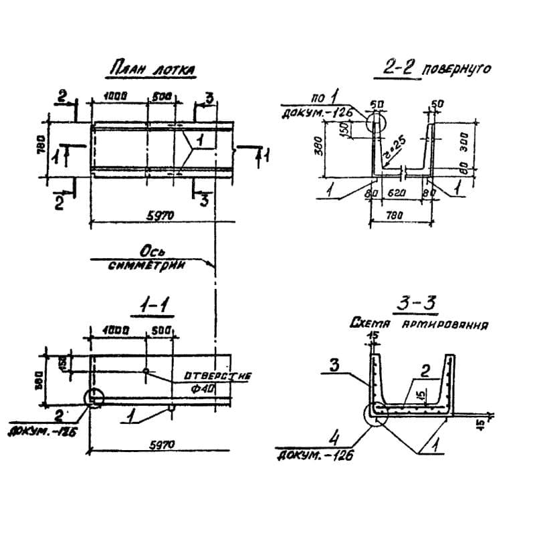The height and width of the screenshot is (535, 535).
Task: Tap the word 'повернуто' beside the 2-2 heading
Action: click(x=457, y=69)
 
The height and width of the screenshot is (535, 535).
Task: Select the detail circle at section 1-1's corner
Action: click(x=94, y=397)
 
